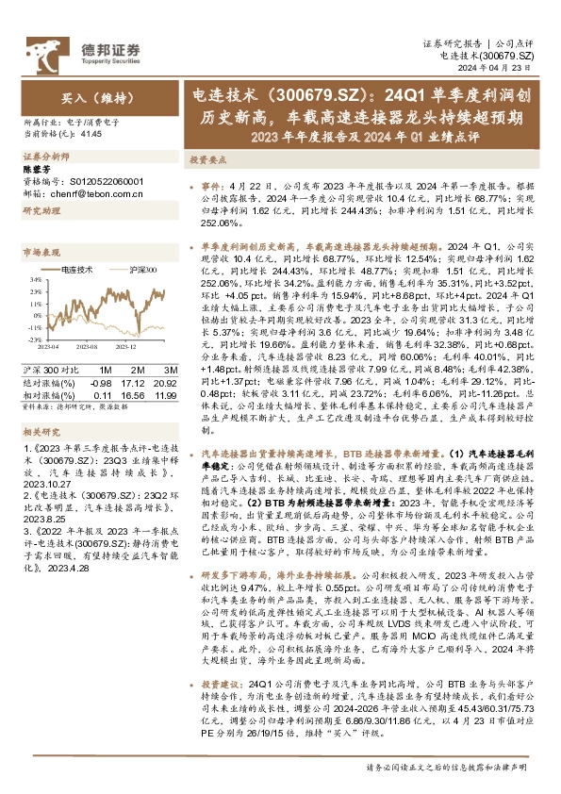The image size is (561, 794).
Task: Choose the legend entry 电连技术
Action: pyautogui.click(x=74, y=270)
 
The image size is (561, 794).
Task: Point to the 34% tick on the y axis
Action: pyautogui.click(x=34, y=279)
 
